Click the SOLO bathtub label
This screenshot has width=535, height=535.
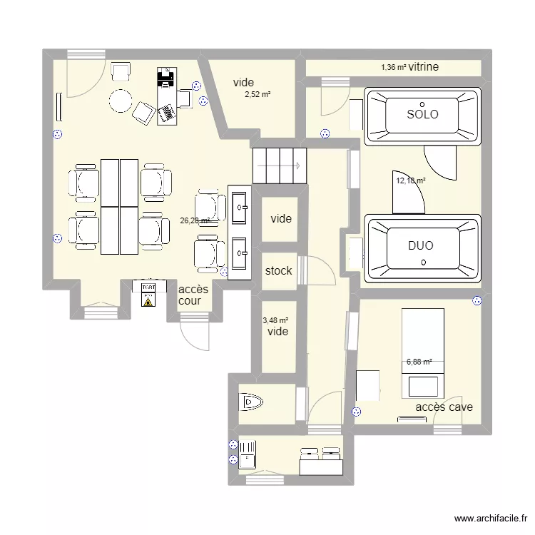(422, 114)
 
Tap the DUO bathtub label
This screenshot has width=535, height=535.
(421, 245)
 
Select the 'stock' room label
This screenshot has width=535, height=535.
(278, 271)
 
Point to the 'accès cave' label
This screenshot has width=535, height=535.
(444, 407)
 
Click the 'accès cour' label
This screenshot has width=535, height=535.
(193, 295)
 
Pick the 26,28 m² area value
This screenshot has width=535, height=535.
(194, 221)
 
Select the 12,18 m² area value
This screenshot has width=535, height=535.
(411, 180)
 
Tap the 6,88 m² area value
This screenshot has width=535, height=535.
(419, 362)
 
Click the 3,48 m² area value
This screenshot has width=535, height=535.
(275, 322)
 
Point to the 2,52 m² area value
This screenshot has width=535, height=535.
(258, 94)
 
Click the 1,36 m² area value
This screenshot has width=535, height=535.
(394, 67)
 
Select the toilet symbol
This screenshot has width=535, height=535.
(253, 403)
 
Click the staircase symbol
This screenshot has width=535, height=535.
(279, 166)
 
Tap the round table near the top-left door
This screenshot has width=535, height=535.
(120, 101)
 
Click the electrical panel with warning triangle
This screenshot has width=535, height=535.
(148, 293)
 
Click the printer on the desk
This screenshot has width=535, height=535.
(165, 78)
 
